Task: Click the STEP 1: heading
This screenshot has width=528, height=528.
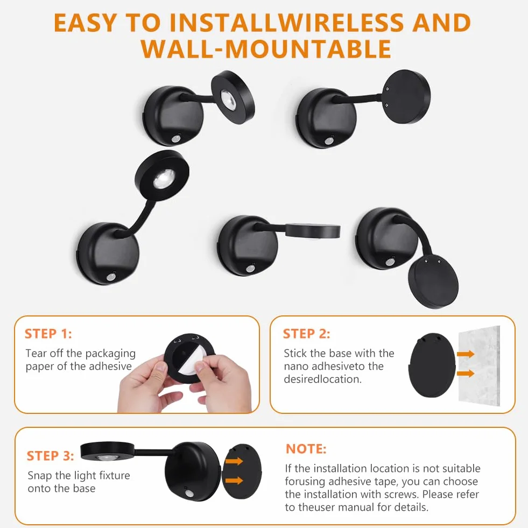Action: (48, 334)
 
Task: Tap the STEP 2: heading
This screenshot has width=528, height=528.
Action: (306, 334)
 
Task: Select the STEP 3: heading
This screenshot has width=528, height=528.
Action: (50, 455)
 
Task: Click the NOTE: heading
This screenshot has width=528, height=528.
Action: (306, 449)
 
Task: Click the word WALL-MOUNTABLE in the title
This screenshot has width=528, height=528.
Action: (266, 49)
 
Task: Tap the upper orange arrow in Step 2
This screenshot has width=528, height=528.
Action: (466, 354)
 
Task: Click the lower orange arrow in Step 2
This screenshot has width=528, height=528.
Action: (466, 373)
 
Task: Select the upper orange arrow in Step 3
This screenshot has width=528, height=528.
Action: (234, 461)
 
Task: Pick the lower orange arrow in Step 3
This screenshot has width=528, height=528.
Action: (234, 480)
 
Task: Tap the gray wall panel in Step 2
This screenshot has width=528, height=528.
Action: (479, 366)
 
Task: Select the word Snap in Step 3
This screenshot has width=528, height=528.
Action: (40, 476)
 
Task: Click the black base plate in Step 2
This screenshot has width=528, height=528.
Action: (432, 365)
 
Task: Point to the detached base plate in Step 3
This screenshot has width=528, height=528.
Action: (242, 471)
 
